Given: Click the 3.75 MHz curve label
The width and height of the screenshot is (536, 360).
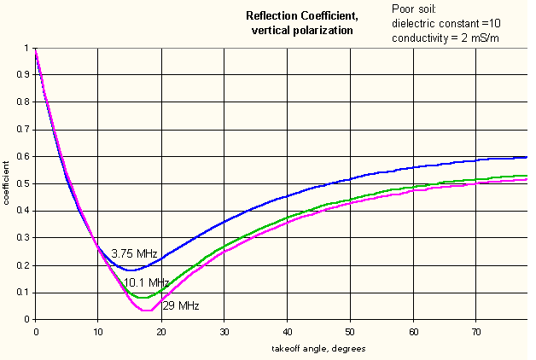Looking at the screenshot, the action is [134, 253].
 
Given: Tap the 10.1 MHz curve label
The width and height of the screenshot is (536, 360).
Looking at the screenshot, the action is [146, 283].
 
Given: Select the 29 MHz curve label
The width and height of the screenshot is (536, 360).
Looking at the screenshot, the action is [181, 305].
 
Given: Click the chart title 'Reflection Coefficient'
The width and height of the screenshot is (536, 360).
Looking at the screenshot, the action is [302, 16].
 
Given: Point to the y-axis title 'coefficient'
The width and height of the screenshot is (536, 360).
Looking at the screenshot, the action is [6, 183].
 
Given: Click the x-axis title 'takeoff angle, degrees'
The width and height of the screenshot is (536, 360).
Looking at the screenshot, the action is [318, 349].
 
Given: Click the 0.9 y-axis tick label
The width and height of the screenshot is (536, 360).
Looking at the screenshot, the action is [23, 74].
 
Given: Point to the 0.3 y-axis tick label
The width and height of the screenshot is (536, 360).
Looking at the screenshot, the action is [23, 237].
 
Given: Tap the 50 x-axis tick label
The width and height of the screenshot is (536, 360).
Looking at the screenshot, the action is [350, 332].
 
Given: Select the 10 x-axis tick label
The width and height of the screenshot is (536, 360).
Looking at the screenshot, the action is [98, 332].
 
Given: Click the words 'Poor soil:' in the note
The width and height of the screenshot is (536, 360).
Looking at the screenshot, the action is [414, 9].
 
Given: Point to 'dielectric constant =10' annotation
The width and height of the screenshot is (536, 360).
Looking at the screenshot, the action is [446, 23].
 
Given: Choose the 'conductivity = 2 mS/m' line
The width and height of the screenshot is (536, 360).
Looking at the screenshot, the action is [446, 38].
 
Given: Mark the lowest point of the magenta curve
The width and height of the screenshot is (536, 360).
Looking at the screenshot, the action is [147, 311].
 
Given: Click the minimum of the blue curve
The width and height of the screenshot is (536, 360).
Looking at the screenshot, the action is [131, 270].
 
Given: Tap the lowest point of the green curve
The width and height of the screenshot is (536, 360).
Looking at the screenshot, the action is [143, 298].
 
